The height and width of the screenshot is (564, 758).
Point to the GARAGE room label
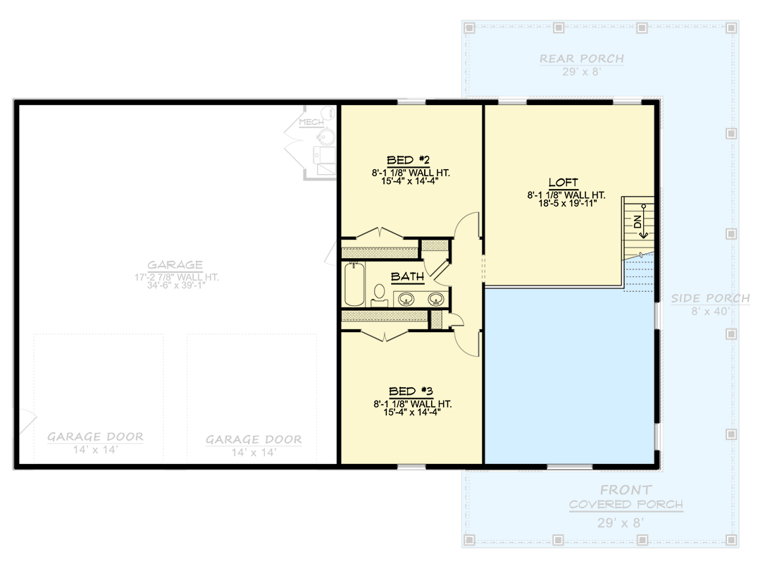click(175, 265)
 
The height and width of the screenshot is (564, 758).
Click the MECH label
click(311, 123)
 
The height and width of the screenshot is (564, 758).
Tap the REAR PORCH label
click(582, 59)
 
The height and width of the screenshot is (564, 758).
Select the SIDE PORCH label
click(709, 298)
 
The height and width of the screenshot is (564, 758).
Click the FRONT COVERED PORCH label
click(626, 496)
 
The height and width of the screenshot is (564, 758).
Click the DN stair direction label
click(638, 221)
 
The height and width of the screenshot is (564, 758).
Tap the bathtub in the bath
click(353, 284)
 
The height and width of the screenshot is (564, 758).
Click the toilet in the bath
click(379, 294)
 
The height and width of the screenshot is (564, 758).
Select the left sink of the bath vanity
click(406, 299)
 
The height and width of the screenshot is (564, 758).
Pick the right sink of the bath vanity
click(437, 299)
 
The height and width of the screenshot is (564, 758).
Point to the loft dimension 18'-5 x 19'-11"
click(566, 204)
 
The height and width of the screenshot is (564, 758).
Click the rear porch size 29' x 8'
click(582, 72)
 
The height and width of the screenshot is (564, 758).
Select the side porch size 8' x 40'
click(709, 311)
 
